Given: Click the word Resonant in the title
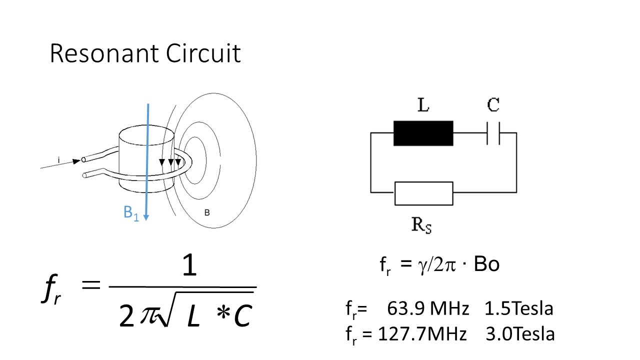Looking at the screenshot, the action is click(x=104, y=53).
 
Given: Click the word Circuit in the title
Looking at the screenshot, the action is click(x=203, y=53).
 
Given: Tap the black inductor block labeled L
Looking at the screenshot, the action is click(x=423, y=133).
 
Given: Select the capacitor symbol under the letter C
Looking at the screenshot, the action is click(x=493, y=133).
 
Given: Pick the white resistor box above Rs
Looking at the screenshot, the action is click(x=423, y=193).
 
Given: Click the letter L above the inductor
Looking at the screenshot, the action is click(x=423, y=105).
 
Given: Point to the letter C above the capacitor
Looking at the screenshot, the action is click(x=493, y=104).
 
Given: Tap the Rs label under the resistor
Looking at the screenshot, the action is click(x=421, y=225).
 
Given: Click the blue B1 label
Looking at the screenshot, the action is click(x=131, y=213).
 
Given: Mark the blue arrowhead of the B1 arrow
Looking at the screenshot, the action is click(x=146, y=217).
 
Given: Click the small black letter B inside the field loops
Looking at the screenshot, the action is click(x=207, y=212).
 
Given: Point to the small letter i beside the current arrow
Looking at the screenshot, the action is click(x=59, y=160).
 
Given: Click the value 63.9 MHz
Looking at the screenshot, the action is click(x=428, y=308).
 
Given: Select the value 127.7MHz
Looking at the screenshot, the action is click(x=422, y=333).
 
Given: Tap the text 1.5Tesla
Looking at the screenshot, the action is click(x=519, y=308).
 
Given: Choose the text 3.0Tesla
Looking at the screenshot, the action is click(x=520, y=333).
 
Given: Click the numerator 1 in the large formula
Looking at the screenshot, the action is click(x=189, y=265).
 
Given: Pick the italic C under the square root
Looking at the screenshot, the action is click(x=243, y=315).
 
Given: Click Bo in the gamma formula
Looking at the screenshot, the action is click(x=486, y=264).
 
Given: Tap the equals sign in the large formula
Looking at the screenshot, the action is click(x=91, y=285).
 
